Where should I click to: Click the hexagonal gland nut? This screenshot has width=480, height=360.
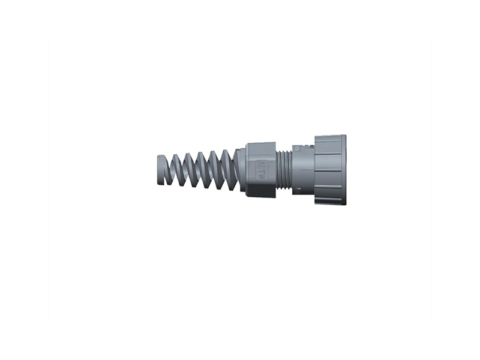tap(261, 170)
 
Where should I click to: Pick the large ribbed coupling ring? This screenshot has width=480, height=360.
tap(329, 170)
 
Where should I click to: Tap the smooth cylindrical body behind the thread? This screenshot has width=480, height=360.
tap(303, 171)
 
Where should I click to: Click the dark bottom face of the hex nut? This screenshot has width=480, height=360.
tap(261, 191)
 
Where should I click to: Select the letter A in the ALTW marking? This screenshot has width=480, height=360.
tap(262, 163)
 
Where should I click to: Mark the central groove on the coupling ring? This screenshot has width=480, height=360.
tap(329, 170)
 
